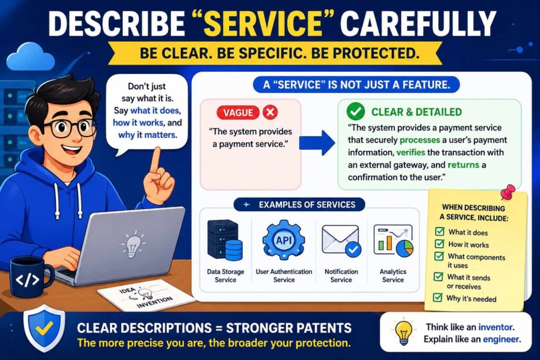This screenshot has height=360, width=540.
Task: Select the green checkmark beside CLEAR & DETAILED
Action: pyautogui.click(x=355, y=111)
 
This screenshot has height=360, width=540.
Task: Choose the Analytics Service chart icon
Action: pyautogui.click(x=393, y=241)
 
